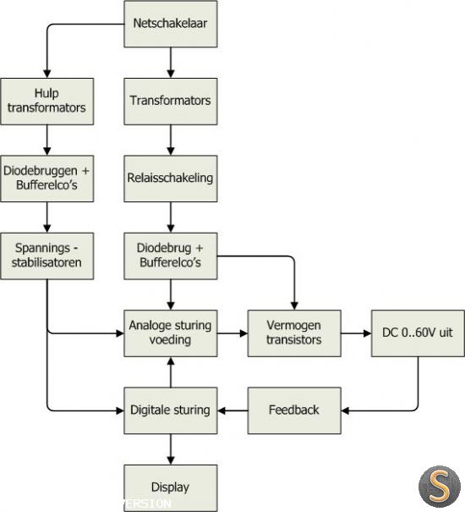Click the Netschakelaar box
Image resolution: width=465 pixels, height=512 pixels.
click(x=170, y=24)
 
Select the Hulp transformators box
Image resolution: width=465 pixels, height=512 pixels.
click(x=47, y=102)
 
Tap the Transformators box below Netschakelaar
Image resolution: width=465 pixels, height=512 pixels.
click(x=170, y=102)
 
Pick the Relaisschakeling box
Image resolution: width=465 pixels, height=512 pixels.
click(x=170, y=179)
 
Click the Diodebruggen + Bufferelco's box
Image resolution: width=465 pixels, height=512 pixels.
click(x=47, y=179)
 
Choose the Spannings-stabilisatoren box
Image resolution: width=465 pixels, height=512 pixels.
click(x=47, y=256)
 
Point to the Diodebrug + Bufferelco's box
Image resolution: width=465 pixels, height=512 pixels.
click(x=170, y=256)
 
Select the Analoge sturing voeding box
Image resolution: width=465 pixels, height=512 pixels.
click(x=170, y=333)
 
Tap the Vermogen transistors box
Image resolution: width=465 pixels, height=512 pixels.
click(x=294, y=333)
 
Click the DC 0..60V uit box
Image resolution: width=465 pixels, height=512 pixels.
click(x=418, y=333)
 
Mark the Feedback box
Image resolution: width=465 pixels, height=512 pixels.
click(x=294, y=410)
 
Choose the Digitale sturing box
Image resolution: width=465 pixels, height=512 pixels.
click(x=170, y=410)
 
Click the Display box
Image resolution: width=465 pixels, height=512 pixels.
click(x=170, y=488)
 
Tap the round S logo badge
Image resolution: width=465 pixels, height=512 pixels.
click(x=440, y=487)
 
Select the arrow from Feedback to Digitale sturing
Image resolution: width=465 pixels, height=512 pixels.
click(x=232, y=410)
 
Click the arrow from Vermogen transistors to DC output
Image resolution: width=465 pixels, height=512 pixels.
click(x=356, y=333)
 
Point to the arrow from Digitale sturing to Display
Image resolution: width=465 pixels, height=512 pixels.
click(x=170, y=449)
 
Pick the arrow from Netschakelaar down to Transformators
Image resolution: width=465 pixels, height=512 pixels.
click(x=170, y=63)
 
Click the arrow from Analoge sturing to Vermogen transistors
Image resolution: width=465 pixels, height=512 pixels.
click(x=232, y=333)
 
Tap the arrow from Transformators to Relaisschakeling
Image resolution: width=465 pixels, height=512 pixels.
click(x=170, y=140)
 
